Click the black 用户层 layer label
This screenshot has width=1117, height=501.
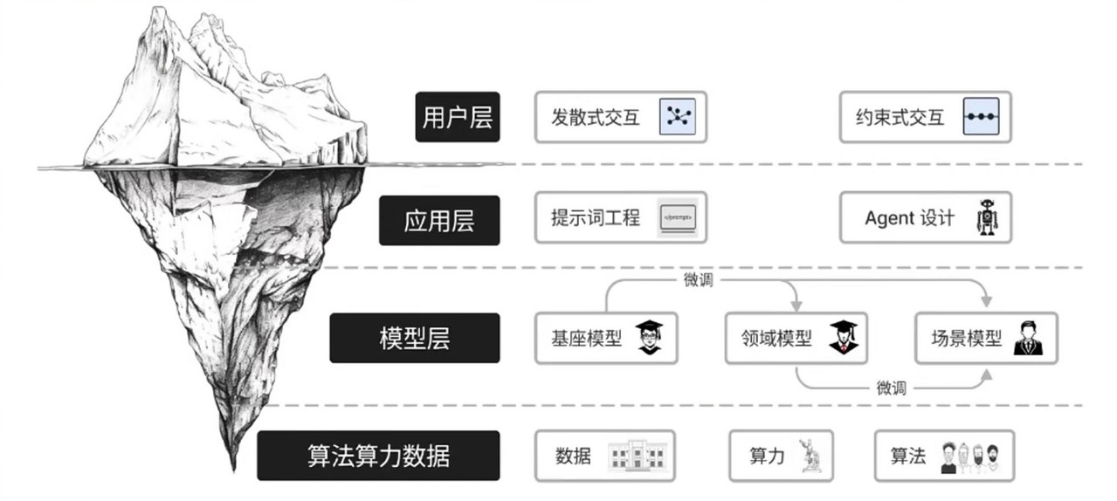click(458, 117)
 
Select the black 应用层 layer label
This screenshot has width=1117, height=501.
click(439, 220)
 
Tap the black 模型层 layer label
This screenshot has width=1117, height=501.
click(414, 338)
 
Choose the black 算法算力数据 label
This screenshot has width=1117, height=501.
click(378, 456)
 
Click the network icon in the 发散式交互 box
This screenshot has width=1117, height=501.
click(678, 117)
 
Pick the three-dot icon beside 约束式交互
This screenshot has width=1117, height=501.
click(981, 117)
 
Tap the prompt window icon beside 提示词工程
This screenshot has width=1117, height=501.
click(678, 218)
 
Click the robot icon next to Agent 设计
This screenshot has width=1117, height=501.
click(987, 217)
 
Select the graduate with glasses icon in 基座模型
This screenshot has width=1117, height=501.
click(649, 338)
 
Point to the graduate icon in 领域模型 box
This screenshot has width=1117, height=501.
click(844, 338)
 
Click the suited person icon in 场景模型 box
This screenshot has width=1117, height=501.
click(1028, 338)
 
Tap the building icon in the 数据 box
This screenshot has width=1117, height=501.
click(637, 455)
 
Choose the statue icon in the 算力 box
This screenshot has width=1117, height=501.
click(809, 455)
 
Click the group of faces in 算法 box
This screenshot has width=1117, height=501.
click(970, 457)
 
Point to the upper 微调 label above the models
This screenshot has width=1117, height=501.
click(698, 280)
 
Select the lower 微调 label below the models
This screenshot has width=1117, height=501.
click(891, 388)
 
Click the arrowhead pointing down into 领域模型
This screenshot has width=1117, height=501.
click(796, 305)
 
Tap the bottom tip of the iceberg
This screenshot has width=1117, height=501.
click(233, 470)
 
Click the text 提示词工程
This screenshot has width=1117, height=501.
click(596, 218)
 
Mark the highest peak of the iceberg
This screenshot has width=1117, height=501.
click(159, 7)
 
